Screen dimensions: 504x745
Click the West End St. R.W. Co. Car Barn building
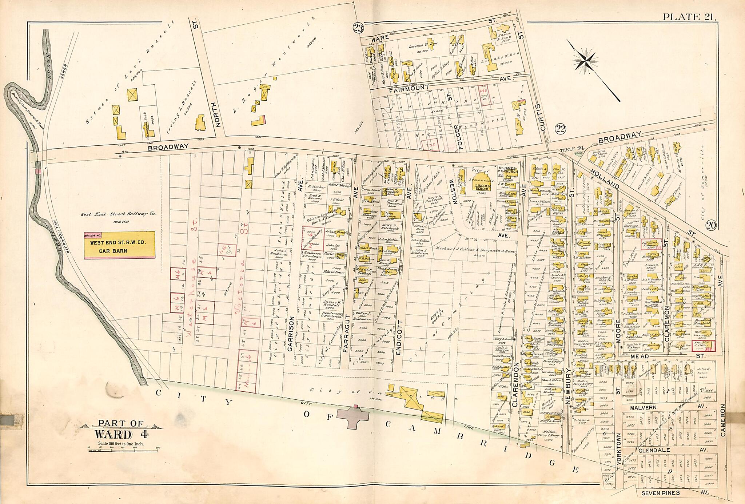coord(119,245)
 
